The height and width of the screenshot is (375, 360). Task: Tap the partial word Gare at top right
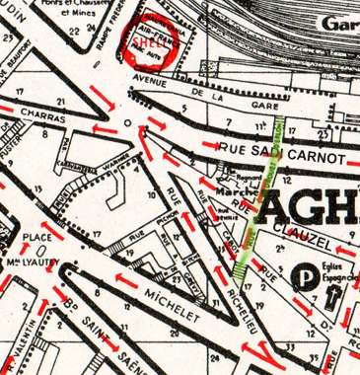pyautogui.click(x=339, y=24)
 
